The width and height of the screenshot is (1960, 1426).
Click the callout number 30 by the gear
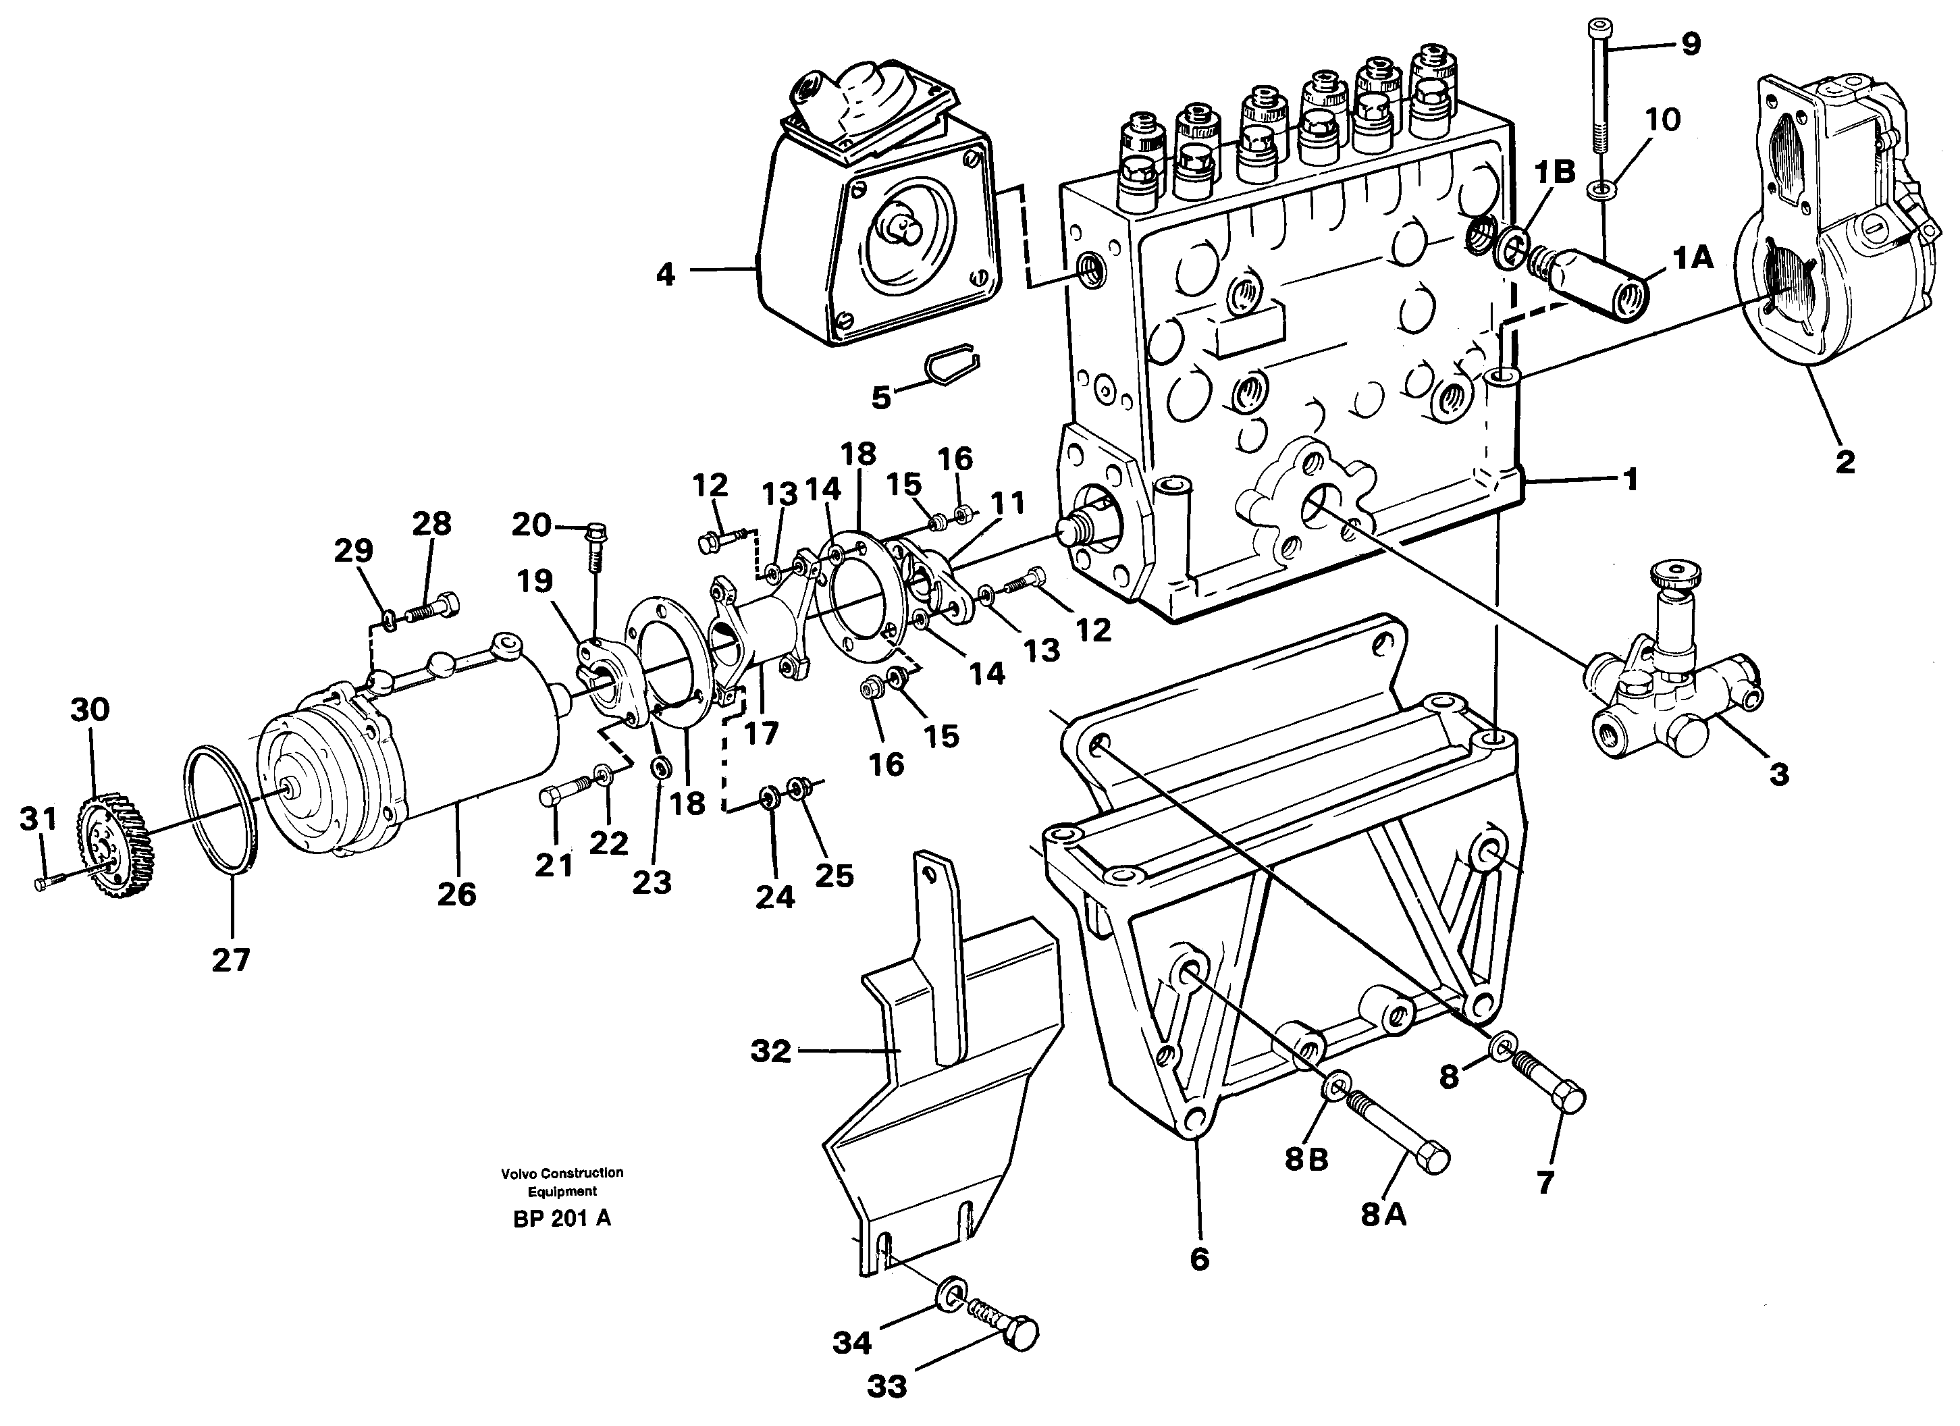[x=90, y=710]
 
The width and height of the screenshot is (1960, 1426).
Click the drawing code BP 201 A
[x=562, y=1219]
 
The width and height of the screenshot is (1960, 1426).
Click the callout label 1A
[x=1693, y=257]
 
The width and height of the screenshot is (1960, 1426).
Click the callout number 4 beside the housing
[x=664, y=275]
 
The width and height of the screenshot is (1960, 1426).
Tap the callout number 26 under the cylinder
[x=456, y=894]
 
